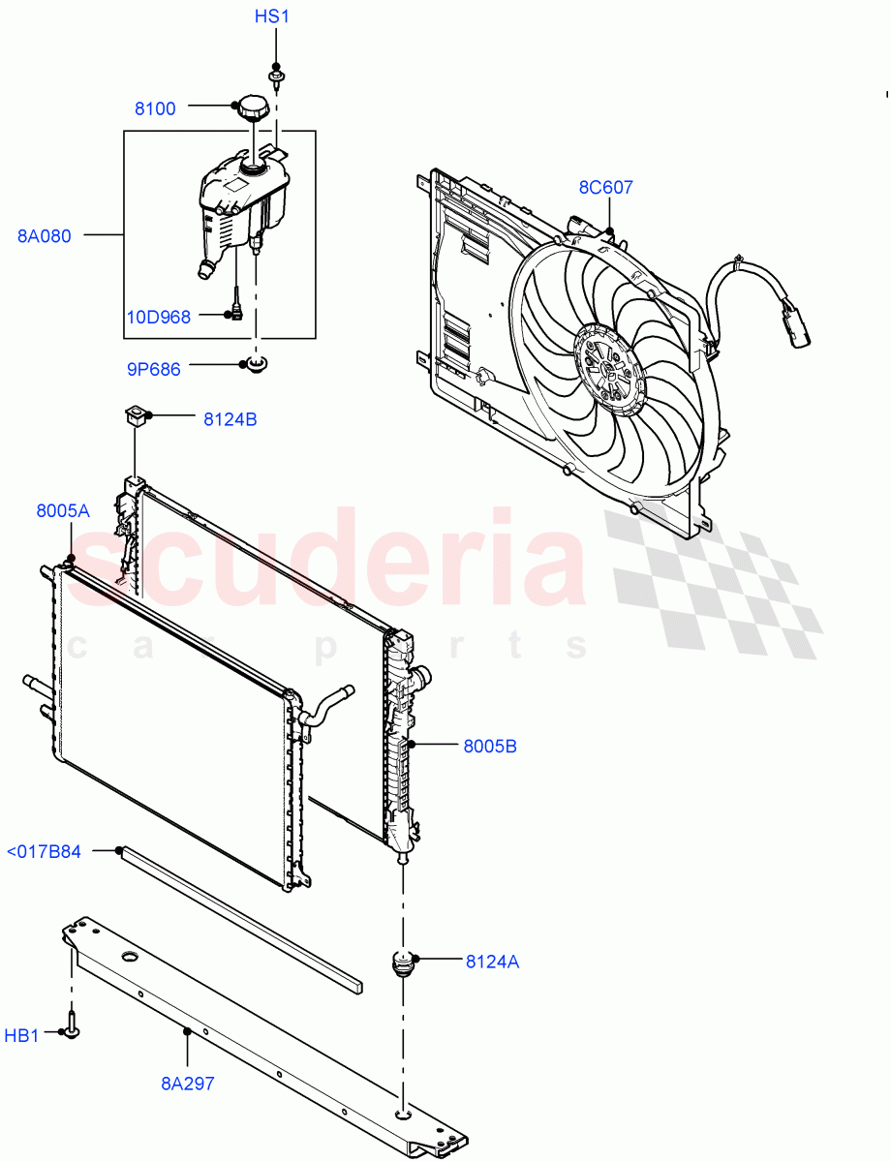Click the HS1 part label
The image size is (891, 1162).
pyautogui.click(x=272, y=16)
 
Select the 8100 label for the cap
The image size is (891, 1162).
pyautogui.click(x=155, y=108)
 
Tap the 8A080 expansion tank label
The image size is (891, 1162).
pyautogui.click(x=45, y=235)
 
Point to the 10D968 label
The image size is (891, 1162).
pyautogui.click(x=159, y=316)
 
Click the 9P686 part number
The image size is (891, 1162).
pyautogui.click(x=153, y=369)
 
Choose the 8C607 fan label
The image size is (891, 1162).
pyautogui.click(x=606, y=187)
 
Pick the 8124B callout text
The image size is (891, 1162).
pyautogui.click(x=230, y=419)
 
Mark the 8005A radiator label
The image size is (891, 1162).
pyautogui.click(x=63, y=511)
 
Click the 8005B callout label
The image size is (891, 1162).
pyautogui.click(x=489, y=747)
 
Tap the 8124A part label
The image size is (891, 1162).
pyautogui.click(x=492, y=962)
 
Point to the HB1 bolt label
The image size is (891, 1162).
pyautogui.click(x=21, y=1036)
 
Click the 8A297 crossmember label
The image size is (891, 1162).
pyautogui.click(x=188, y=1084)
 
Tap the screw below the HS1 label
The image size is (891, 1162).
pyautogui.click(x=277, y=73)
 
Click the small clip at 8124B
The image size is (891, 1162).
pyautogui.click(x=134, y=417)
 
